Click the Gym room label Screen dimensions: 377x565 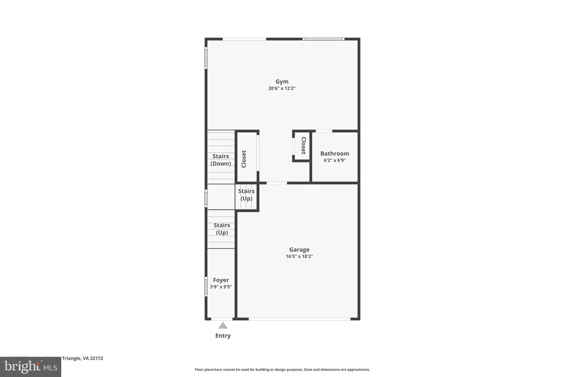pos(282,82)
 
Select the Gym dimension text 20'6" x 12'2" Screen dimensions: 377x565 pos(282,89)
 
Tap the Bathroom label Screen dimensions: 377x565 pos(334,154)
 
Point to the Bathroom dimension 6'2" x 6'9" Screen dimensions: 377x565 pos(334,161)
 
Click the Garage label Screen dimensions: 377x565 pos(299,249)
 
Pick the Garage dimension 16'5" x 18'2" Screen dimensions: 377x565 pos(299,256)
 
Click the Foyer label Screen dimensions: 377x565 pos(221,280)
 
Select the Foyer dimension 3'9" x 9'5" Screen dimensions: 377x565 pos(221,287)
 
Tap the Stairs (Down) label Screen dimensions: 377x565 pos(221,160)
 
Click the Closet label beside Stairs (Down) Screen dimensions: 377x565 pos(244,159)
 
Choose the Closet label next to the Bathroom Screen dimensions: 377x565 pos(303,146)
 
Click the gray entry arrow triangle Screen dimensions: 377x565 pos(223,326)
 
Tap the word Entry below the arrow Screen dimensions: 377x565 pos(223,336)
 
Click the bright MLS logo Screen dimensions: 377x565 pos(30,367)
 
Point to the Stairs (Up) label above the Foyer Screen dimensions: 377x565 pos(222,229)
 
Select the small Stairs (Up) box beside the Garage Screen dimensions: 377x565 pos(246,195)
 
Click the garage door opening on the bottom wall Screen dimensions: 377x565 pos(299,319)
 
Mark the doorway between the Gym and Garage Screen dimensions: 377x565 pos(277,183)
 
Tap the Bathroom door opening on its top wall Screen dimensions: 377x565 pos(324,131)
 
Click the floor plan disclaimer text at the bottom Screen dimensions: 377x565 pos(282,370)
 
